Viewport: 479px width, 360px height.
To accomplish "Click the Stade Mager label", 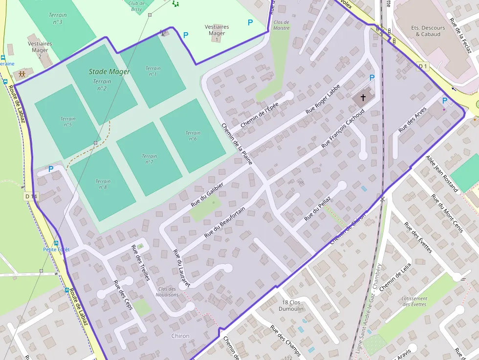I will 109,72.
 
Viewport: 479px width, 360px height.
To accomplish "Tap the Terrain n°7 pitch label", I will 149,159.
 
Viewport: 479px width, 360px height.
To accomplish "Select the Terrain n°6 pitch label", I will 193,136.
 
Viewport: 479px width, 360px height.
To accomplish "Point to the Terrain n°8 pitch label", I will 103,184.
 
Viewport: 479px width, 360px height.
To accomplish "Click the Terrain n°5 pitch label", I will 68,122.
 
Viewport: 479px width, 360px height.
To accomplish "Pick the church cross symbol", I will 363,98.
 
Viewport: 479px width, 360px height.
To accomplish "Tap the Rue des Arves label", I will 413,120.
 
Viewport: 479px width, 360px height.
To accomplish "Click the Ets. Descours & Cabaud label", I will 428,31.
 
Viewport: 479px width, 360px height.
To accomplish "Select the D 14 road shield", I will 30,196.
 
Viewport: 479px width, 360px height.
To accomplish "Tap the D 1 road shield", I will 423,66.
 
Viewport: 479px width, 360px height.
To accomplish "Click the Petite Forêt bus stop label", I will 56,249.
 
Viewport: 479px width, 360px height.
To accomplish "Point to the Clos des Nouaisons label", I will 167,292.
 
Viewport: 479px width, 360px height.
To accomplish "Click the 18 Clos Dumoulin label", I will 291,305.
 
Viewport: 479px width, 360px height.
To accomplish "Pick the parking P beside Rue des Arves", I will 444,101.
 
